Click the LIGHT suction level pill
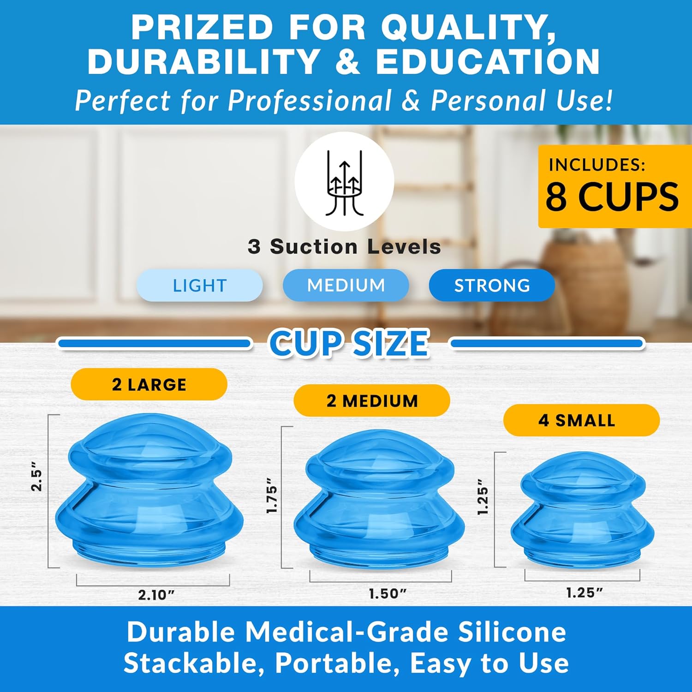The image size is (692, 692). pyautogui.click(x=199, y=286)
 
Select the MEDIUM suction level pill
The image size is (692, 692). pyautogui.click(x=346, y=285)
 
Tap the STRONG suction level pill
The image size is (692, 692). pyautogui.click(x=492, y=286)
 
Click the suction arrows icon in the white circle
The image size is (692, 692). pyautogui.click(x=345, y=182)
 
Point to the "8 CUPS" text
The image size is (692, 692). pyautogui.click(x=612, y=197)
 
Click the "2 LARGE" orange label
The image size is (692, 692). pyautogui.click(x=149, y=384)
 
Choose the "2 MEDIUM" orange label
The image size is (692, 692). pyautogui.click(x=372, y=401)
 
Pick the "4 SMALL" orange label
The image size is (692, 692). pyautogui.click(x=581, y=420)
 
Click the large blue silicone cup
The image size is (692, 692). pyautogui.click(x=149, y=491)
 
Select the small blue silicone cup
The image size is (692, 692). pyautogui.click(x=582, y=509)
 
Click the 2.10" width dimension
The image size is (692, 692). pyautogui.click(x=156, y=595)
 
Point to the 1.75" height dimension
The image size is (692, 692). pyautogui.click(x=272, y=495)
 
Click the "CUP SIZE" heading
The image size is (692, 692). pyautogui.click(x=349, y=343)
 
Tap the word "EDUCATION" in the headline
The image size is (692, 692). pyautogui.click(x=488, y=62)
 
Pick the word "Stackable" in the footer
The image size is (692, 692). pyautogui.click(x=194, y=663)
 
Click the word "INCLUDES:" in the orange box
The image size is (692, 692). pyautogui.click(x=597, y=165)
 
